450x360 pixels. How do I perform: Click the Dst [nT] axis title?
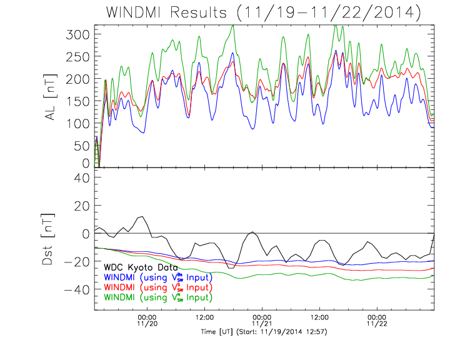click(47, 248)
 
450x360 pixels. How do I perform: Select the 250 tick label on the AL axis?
click(79, 56)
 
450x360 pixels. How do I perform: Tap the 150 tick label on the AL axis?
click(79, 101)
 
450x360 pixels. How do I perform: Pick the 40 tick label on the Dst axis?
click(83, 178)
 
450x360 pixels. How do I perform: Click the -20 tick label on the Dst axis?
click(79, 261)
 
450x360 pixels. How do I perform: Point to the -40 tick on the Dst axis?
click(79, 289)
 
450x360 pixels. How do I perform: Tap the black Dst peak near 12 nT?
click(142, 217)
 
